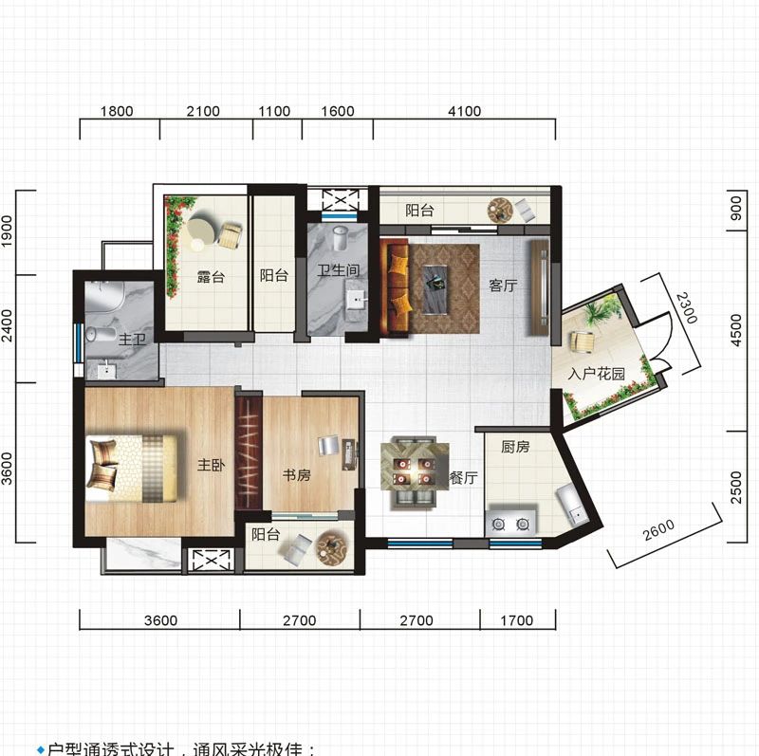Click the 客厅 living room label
tap(503, 286)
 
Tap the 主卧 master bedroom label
tap(210, 466)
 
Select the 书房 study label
tap(297, 475)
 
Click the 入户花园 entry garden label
tap(597, 374)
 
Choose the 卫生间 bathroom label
tap(339, 271)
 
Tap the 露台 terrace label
tap(211, 277)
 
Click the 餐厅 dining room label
tap(462, 479)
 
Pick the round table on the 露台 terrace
tap(201, 230)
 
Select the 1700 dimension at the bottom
tap(516, 621)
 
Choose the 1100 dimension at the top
tap(274, 111)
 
